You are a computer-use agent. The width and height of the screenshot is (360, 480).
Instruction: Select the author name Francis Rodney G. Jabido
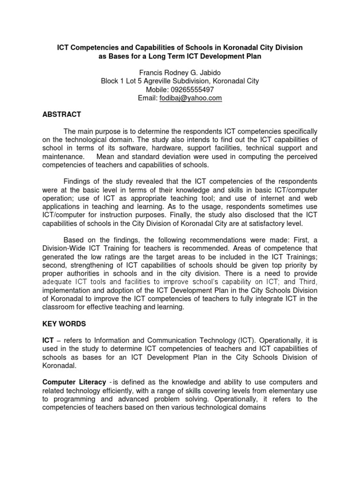pyautogui.click(x=180, y=73)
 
